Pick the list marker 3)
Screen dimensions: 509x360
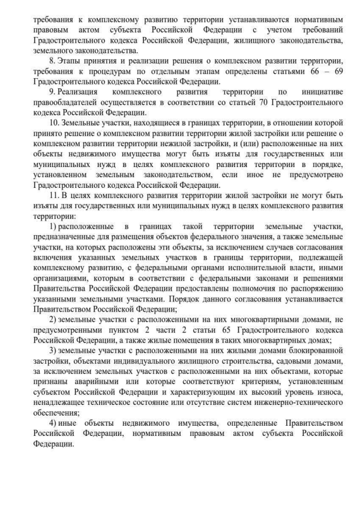click(53, 350)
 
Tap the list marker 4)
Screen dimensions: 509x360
click(53, 422)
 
